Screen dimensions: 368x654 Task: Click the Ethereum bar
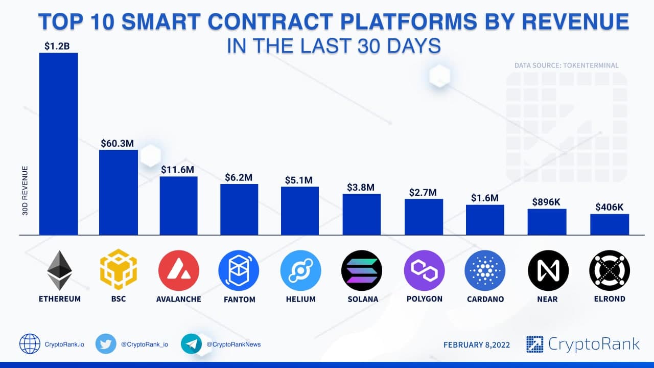tap(59, 144)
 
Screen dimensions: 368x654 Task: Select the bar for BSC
tap(118, 192)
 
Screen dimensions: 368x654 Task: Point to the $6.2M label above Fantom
tap(239, 177)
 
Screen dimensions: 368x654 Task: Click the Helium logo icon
tap(300, 270)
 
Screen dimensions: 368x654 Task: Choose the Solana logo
tap(361, 270)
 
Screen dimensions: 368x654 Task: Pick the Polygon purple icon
tap(424, 270)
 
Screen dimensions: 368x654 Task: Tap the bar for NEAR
tap(547, 222)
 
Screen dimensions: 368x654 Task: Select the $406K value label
tap(609, 207)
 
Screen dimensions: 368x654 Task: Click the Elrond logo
tap(609, 270)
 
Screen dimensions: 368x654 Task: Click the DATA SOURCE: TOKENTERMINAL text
tap(566, 65)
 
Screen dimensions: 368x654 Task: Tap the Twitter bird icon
tap(106, 344)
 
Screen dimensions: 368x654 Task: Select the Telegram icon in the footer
tap(191, 344)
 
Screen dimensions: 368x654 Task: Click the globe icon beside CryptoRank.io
tap(30, 344)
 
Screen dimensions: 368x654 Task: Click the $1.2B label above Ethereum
tap(57, 47)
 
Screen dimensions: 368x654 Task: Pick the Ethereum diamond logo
tap(60, 270)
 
